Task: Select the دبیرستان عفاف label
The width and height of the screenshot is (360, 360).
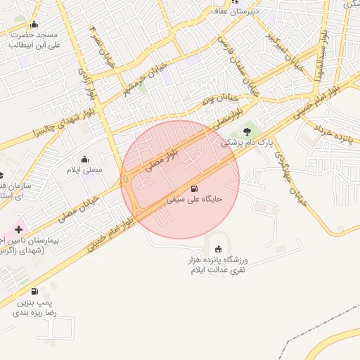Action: tap(236, 11)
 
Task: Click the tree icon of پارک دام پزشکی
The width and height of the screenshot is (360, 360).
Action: tap(247, 131)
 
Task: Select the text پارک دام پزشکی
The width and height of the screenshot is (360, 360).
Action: tap(243, 142)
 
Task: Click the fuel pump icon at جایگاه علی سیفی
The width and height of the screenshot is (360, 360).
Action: tap(194, 188)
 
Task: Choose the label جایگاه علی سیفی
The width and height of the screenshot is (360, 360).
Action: tap(194, 200)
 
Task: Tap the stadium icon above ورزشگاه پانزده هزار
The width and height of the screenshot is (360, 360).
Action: tap(218, 249)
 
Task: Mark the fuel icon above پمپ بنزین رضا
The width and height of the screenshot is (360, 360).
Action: tap(34, 291)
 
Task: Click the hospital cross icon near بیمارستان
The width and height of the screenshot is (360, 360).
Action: tap(18, 229)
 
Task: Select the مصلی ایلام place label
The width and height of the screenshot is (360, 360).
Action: tap(84, 170)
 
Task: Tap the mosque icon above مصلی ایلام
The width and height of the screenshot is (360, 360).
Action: tap(85, 159)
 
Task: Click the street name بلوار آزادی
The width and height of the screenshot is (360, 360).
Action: tap(83, 83)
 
